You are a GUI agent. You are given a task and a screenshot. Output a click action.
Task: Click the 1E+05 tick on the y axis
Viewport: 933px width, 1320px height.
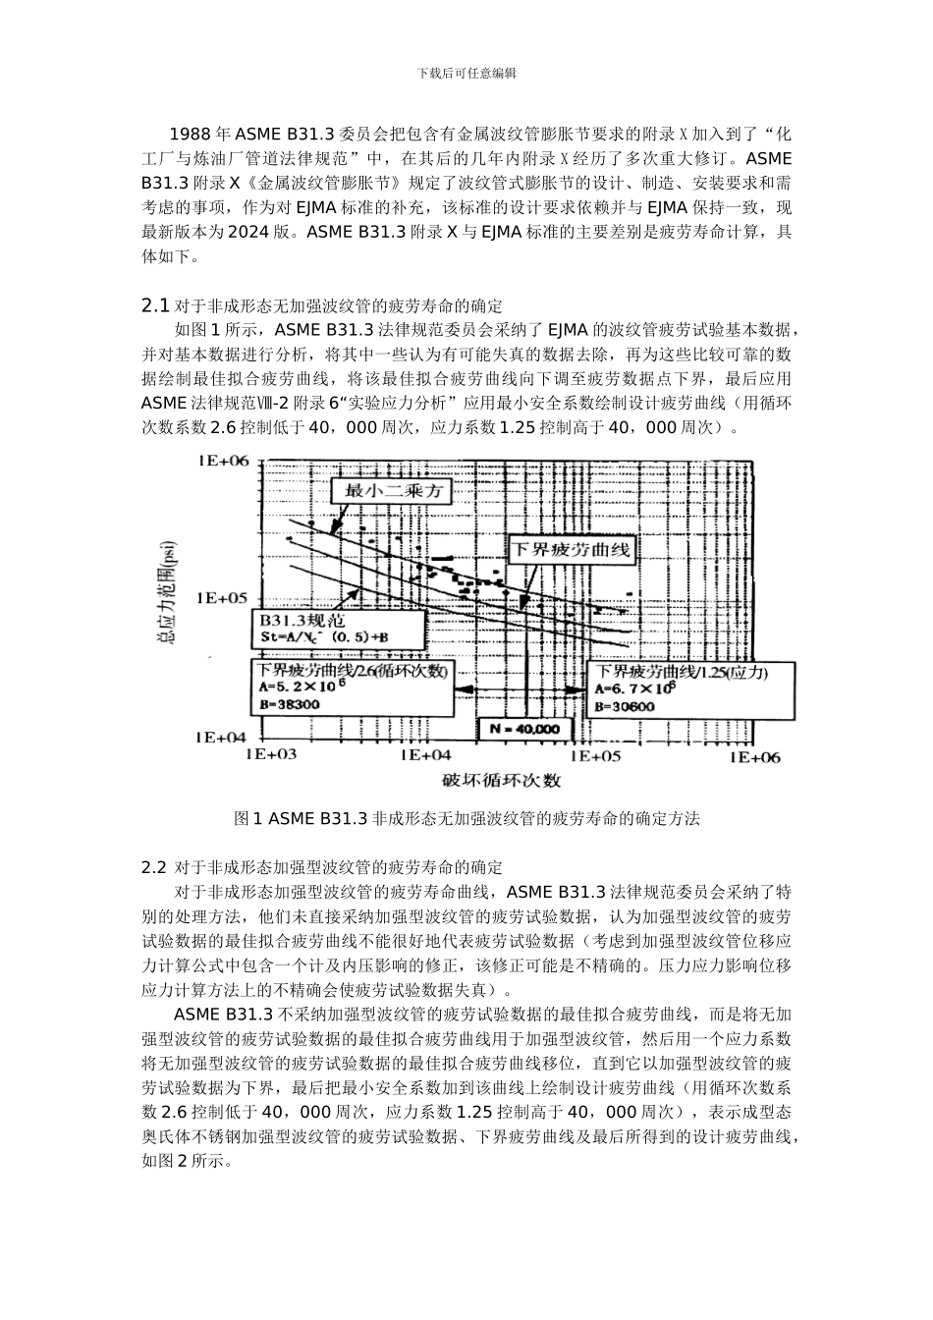pos(225,597)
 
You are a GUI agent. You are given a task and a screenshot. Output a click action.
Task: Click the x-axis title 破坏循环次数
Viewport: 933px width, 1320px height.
pos(501,781)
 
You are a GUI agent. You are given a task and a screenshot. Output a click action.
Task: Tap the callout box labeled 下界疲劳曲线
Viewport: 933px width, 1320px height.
pos(569,548)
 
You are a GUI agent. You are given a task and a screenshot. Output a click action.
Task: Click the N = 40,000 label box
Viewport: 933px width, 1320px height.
pos(524,729)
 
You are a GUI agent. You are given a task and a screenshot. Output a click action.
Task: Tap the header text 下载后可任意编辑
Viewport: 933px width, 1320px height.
pos(466,73)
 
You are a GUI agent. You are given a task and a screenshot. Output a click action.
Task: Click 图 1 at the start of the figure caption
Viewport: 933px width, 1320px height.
pos(247,818)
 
